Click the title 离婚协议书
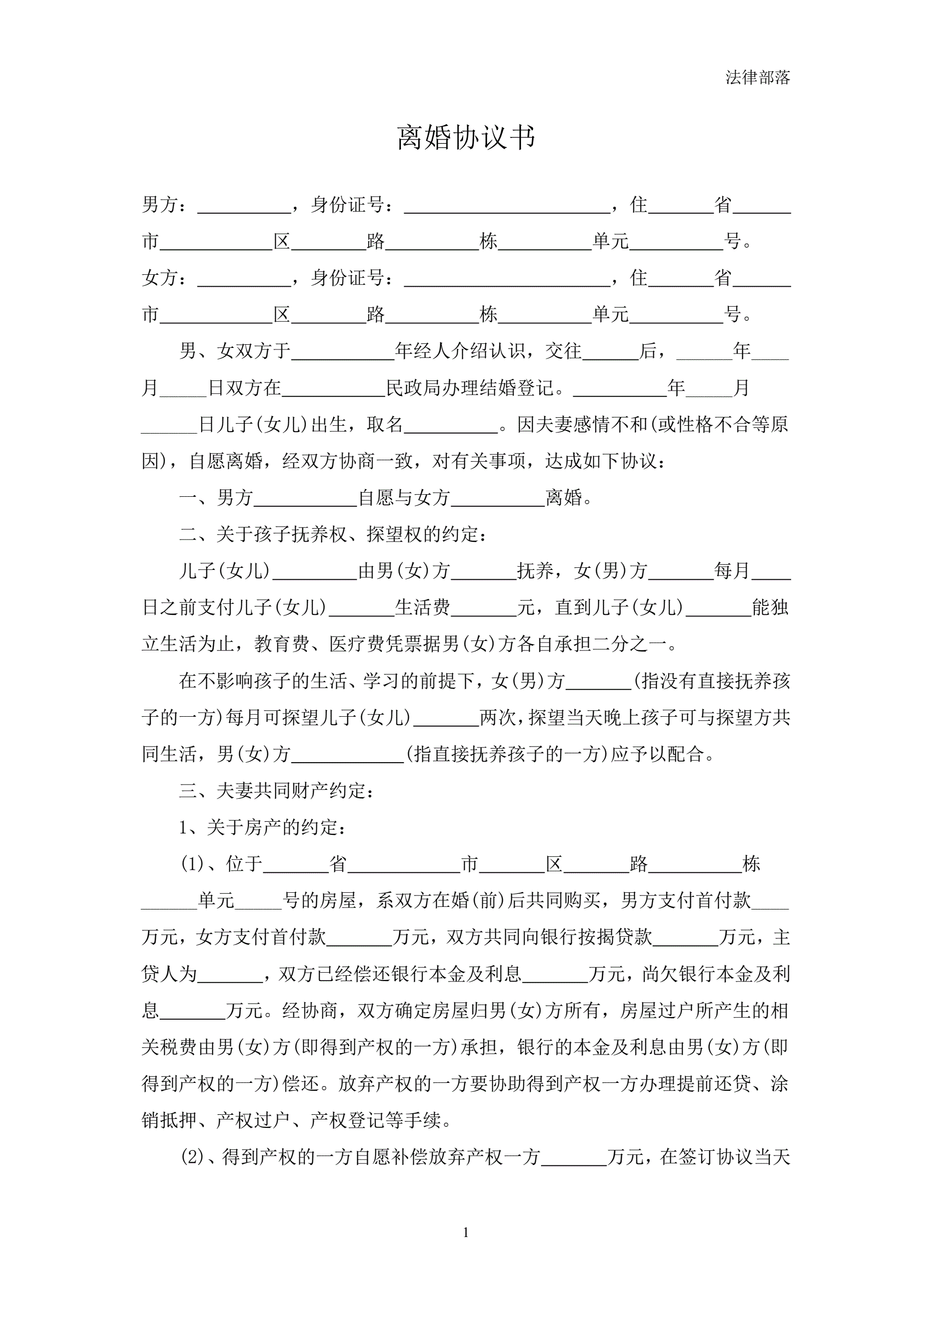point(466,137)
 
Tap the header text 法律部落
point(758,77)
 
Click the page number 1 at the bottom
point(465,1232)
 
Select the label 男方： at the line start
point(164,204)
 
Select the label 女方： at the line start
point(164,278)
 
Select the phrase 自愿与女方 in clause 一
point(404,498)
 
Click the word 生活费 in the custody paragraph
point(422,608)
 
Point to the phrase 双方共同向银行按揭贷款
point(549,937)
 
